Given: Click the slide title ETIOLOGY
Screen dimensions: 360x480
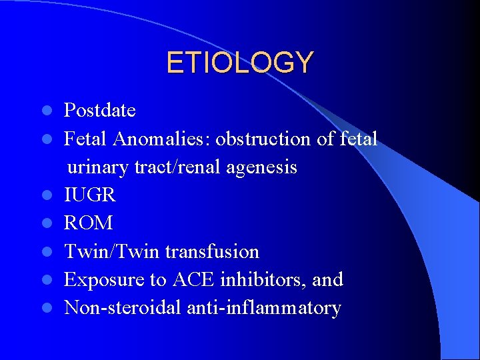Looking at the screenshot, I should [x=239, y=63].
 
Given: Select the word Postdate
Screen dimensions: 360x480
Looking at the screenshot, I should [x=99, y=110].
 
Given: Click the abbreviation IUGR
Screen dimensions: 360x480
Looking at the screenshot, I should [x=89, y=195].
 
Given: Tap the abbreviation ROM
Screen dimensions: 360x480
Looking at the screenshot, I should [x=88, y=223].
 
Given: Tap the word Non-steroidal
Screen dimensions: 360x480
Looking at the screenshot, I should [x=123, y=308].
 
